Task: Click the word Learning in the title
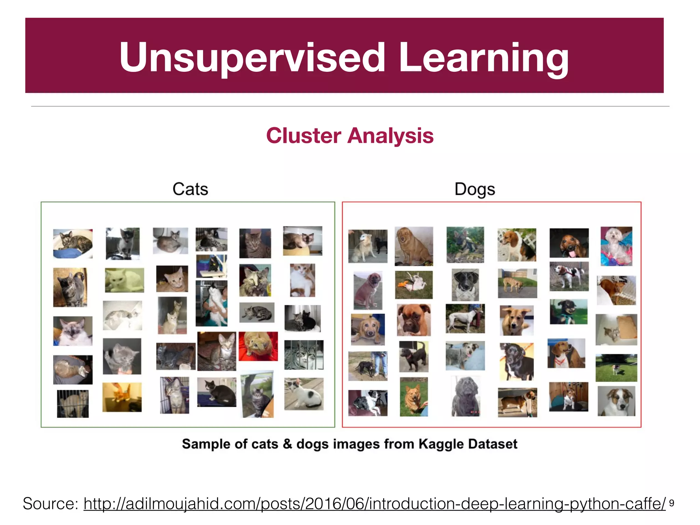pos(484,57)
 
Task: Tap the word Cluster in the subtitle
pos(304,136)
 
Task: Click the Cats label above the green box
pos(190,189)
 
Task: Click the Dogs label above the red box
pos(474,189)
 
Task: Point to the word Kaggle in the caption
pos(441,444)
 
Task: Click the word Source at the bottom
pos(50,503)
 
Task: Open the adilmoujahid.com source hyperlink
pos(374,503)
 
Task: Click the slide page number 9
pos(671,503)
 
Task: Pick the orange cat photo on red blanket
pos(258,346)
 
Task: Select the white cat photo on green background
pos(124,280)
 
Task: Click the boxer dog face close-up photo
pos(414,320)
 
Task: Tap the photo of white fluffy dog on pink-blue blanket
pos(616,246)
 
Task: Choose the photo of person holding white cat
pos(211,303)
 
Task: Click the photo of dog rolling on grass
pos(414,284)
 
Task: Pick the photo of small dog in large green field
pos(616,368)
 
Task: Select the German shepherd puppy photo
pos(465,245)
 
